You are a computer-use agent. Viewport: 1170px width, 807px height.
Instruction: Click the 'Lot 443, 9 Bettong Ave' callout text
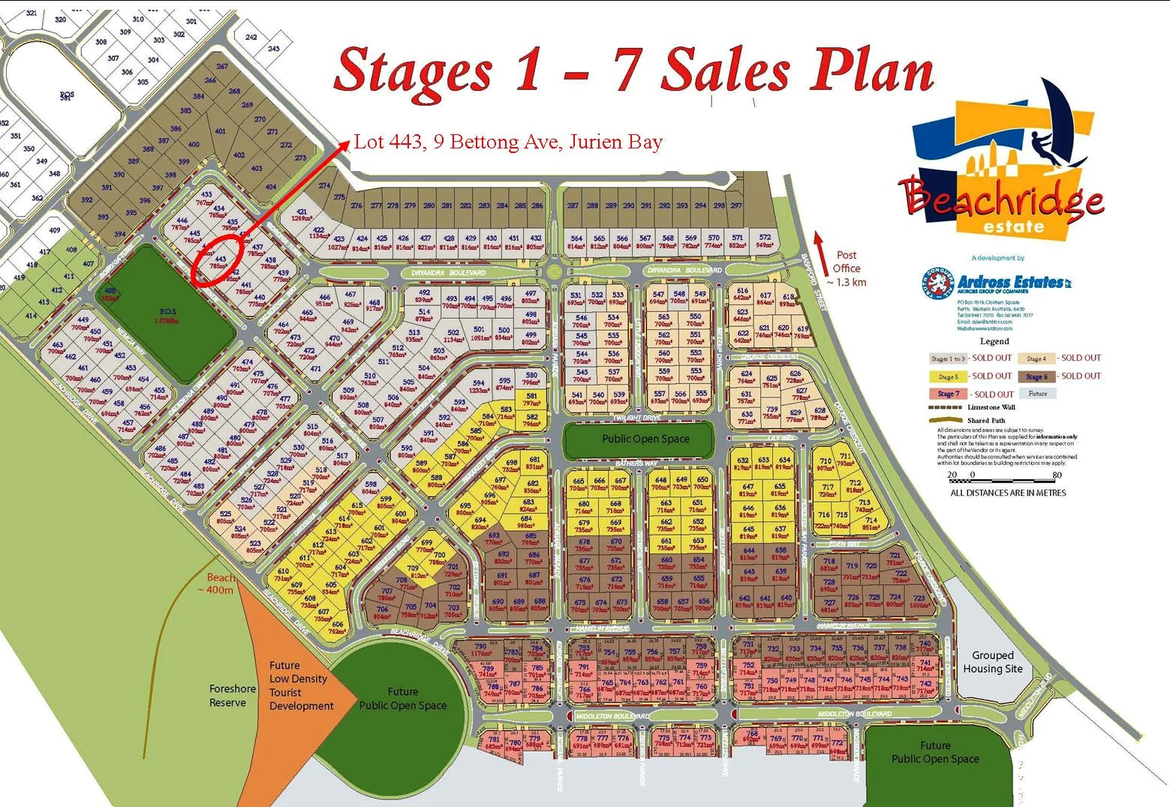click(x=508, y=142)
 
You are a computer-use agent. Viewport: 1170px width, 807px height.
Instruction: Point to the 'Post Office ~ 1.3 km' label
click(x=846, y=268)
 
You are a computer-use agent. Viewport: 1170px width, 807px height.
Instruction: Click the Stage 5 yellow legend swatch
click(x=948, y=376)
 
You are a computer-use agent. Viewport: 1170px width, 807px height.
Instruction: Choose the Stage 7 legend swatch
click(x=948, y=394)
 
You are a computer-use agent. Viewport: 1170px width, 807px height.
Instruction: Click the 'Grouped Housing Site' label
click(x=992, y=662)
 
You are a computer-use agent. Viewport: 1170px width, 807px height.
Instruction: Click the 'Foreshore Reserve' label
click(x=232, y=695)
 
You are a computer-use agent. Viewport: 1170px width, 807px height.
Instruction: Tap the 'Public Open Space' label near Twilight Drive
click(x=645, y=439)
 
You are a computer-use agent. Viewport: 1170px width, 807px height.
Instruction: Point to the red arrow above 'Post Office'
click(x=819, y=244)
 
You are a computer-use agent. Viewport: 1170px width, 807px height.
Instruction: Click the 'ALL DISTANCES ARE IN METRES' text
click(x=1008, y=493)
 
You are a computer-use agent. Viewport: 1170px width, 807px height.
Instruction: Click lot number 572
click(x=765, y=238)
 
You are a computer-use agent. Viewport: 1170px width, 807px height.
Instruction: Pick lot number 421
click(x=302, y=212)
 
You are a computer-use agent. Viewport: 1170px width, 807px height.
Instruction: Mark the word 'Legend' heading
click(x=994, y=341)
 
